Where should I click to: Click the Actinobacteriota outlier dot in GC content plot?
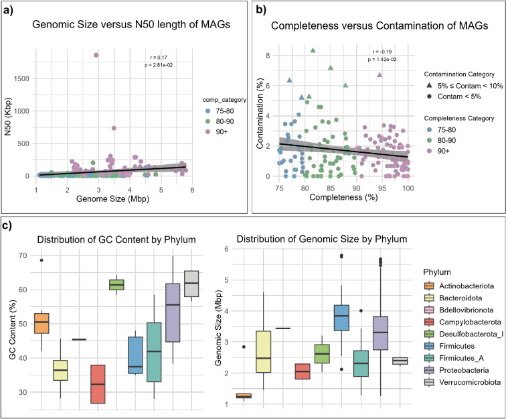point(41,260)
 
